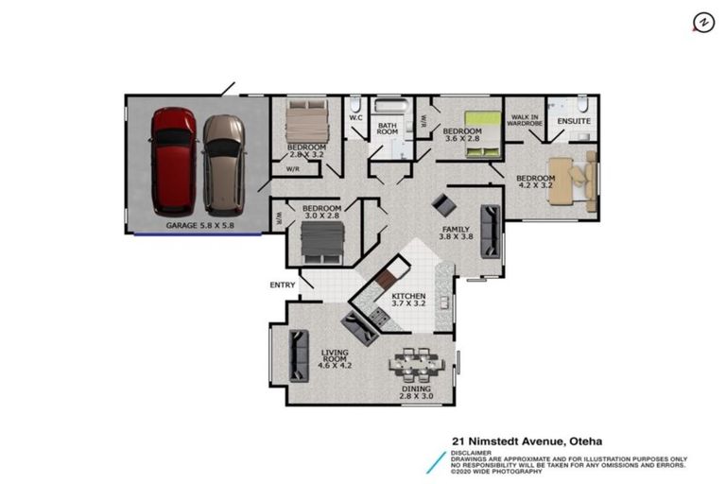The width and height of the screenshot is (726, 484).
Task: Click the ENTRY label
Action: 283,284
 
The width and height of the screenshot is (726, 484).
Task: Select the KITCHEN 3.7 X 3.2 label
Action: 408,301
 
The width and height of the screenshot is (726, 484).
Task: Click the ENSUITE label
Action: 573,121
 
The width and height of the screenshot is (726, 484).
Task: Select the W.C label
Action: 355,118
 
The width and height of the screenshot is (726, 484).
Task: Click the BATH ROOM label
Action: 388,130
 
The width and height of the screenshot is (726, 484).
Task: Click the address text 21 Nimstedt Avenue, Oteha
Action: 527,441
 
